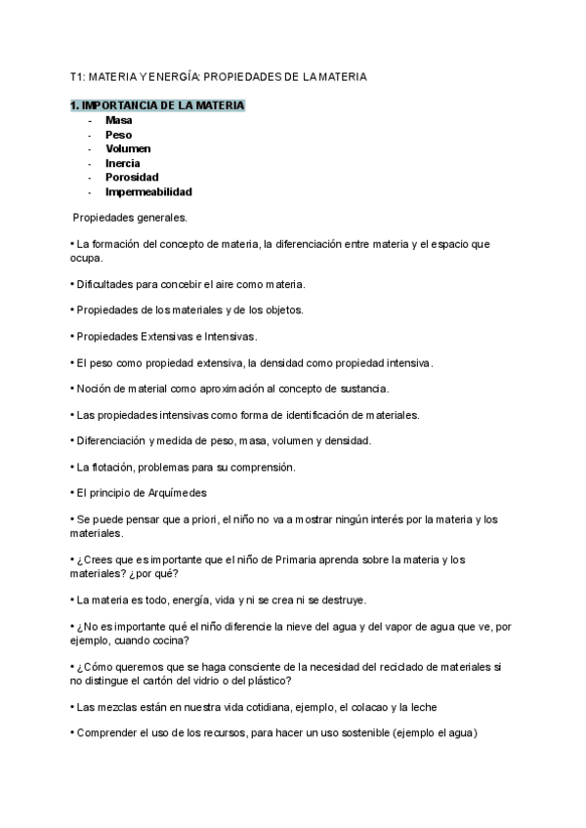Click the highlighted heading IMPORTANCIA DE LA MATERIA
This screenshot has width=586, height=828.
tap(157, 104)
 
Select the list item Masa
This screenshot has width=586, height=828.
tap(119, 120)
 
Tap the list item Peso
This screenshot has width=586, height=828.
tap(118, 135)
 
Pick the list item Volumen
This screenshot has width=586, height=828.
tap(128, 148)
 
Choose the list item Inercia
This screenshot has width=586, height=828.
tap(123, 163)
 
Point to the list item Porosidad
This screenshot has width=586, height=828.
tap(132, 178)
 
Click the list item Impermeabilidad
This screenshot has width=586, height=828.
tap(148, 192)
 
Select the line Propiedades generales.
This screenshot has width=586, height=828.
tap(130, 218)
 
